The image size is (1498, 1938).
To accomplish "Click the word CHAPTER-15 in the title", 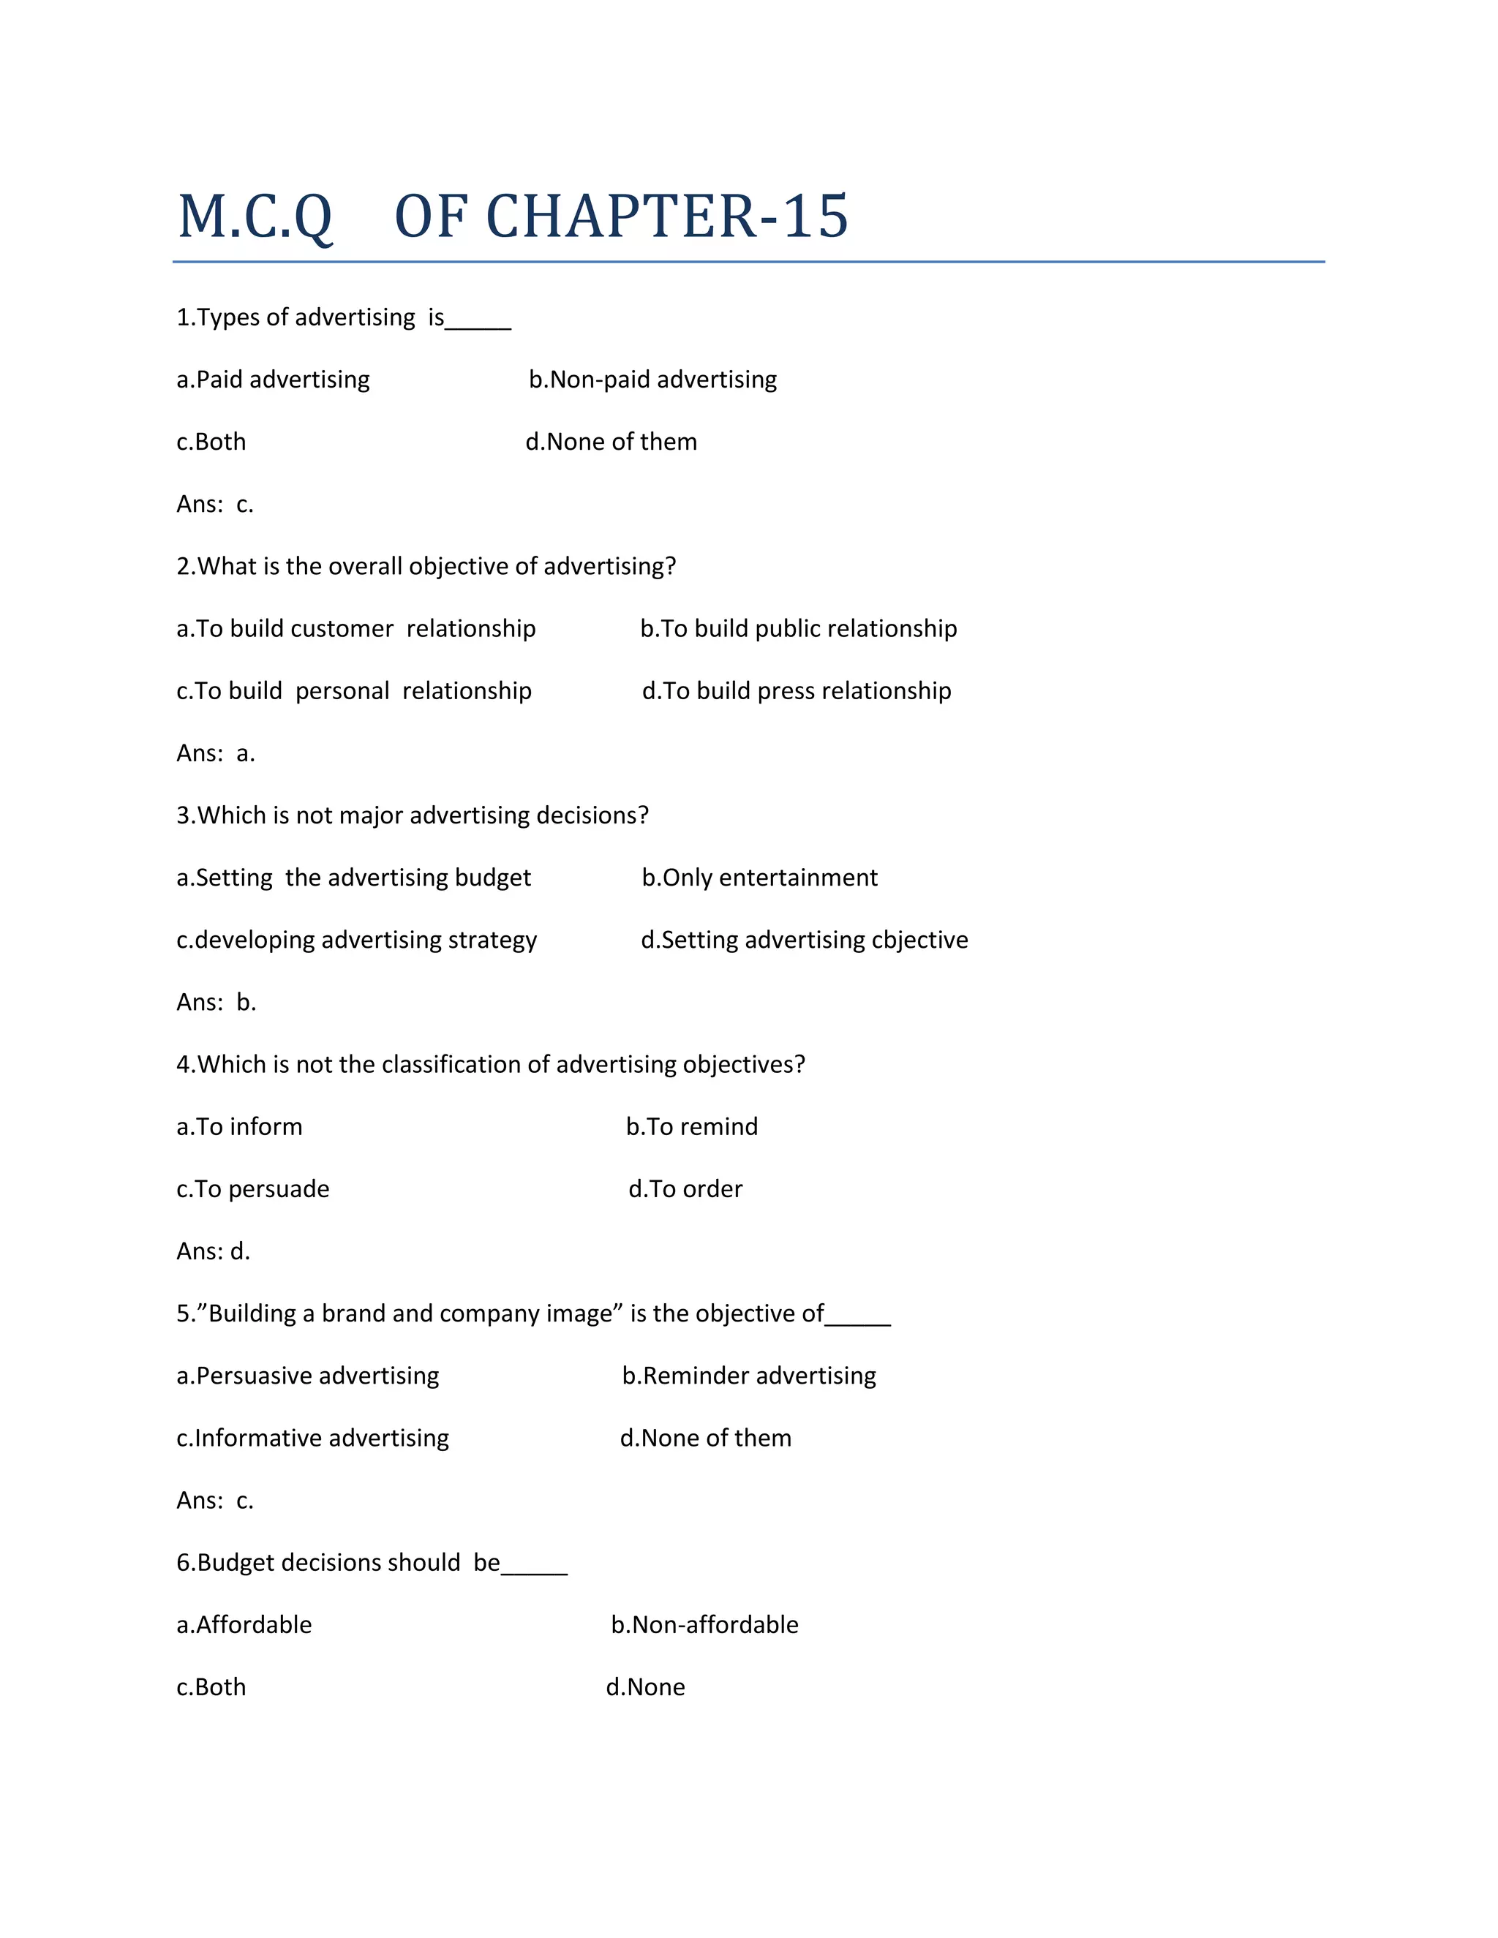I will [666, 217].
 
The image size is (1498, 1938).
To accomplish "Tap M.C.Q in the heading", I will [255, 217].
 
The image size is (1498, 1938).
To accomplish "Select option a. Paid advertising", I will [274, 380].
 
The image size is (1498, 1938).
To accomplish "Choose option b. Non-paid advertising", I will [652, 380].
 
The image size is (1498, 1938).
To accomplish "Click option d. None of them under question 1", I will [611, 442].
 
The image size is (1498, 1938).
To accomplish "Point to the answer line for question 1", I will [215, 504].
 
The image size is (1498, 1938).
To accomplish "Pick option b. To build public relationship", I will [798, 629].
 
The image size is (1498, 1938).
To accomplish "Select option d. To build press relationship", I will [796, 691].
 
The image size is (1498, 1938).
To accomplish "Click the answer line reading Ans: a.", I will [216, 753].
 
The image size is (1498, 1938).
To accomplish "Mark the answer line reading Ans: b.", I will [217, 1003].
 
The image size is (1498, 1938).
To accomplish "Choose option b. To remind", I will [691, 1127].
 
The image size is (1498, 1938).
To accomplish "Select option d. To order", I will [685, 1189].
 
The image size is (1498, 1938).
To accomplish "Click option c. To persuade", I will [253, 1189].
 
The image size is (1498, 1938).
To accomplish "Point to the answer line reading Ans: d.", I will [213, 1251].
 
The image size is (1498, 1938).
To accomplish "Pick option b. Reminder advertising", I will [748, 1376].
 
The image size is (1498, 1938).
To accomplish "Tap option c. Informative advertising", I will [312, 1439].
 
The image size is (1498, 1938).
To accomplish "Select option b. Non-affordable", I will [704, 1625].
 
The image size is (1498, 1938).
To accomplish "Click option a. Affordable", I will [244, 1625].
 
